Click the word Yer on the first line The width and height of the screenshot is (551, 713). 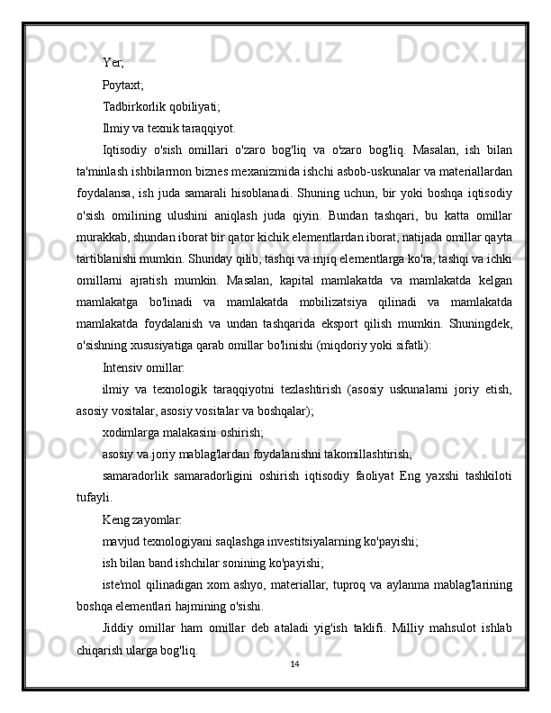113,63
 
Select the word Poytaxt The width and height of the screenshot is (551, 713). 122,85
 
